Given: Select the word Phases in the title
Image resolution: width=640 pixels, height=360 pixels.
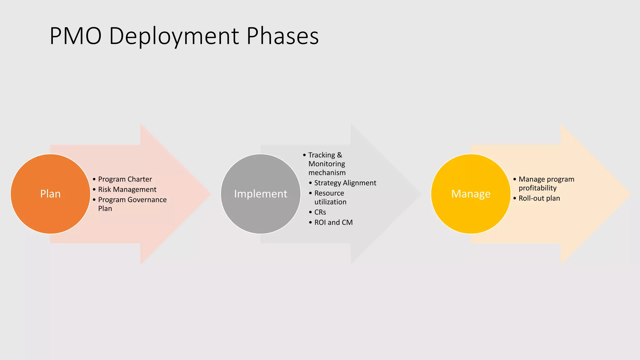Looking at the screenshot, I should (x=282, y=36).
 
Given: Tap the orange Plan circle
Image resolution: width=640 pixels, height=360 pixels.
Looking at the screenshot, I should (x=50, y=194).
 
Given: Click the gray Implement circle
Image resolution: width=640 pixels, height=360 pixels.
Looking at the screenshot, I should (x=260, y=194).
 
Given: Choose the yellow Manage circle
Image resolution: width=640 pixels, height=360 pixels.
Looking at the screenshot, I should (x=471, y=194).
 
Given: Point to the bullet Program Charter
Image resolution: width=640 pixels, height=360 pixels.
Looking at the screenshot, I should (x=125, y=179).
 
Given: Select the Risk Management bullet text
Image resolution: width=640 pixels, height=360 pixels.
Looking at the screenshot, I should (x=127, y=189).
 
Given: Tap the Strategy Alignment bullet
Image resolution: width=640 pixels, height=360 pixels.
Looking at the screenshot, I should (x=345, y=183).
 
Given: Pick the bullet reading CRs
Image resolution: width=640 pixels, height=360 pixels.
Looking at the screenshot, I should (x=320, y=212).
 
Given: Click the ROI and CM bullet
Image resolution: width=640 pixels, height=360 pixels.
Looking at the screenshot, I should (x=333, y=222).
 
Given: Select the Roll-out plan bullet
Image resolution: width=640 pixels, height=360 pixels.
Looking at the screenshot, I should (x=539, y=198).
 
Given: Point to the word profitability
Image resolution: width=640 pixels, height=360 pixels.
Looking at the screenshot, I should (x=537, y=188).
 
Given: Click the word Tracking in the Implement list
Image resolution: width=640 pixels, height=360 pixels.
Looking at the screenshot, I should (x=322, y=155).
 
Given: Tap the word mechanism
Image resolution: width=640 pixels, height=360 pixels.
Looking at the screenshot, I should (x=327, y=172).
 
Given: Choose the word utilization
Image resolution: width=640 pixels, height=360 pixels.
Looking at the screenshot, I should (x=330, y=202).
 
